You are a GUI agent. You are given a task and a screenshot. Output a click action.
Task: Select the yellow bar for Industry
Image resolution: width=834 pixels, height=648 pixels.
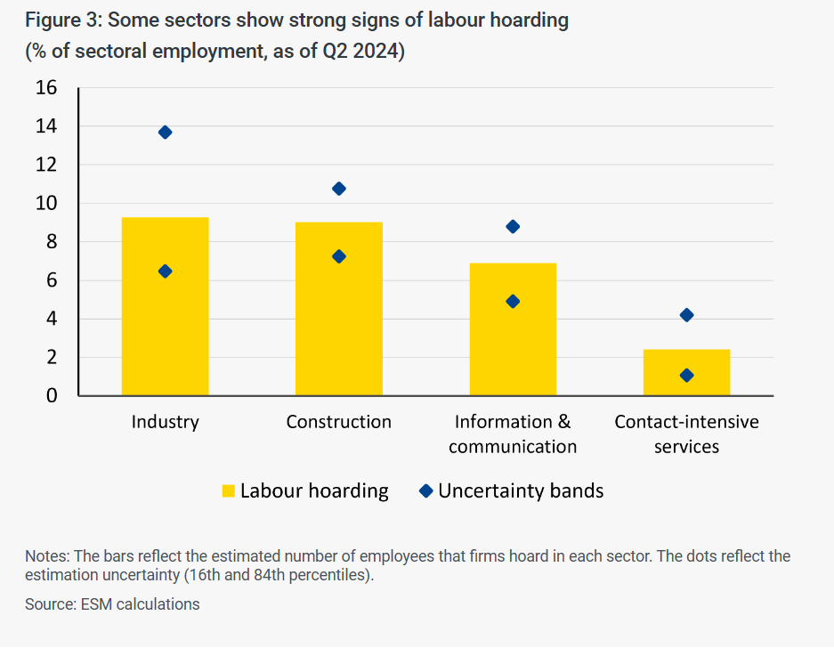(x=165, y=338)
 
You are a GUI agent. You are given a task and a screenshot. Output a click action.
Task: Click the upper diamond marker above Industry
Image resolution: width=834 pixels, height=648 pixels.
(x=165, y=132)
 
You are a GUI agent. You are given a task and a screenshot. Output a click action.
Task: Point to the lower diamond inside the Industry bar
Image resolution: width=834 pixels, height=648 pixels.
(x=165, y=271)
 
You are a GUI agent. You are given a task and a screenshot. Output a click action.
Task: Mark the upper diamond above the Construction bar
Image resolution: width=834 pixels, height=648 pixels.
(x=339, y=189)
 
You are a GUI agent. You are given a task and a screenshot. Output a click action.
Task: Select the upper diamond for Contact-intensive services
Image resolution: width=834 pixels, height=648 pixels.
(x=686, y=315)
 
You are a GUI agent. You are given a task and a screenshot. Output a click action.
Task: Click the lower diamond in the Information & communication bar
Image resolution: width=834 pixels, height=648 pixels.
(x=513, y=301)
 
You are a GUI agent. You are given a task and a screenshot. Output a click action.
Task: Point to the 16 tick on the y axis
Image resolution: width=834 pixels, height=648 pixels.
(x=46, y=88)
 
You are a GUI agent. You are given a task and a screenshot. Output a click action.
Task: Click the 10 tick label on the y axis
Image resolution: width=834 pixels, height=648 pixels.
(x=46, y=204)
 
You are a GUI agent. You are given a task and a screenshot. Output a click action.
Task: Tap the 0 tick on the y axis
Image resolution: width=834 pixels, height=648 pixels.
(x=52, y=396)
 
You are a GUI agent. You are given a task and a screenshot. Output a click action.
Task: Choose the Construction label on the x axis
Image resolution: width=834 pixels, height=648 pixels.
(x=338, y=422)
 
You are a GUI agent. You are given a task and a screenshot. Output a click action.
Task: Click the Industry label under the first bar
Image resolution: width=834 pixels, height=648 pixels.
(x=165, y=422)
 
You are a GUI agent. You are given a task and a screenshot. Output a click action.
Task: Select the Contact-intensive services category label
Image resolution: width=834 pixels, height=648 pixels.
(x=686, y=433)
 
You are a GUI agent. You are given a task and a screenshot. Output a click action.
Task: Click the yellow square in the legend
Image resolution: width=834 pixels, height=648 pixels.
(x=229, y=491)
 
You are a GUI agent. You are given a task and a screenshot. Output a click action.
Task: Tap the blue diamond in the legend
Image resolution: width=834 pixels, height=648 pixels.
(x=425, y=490)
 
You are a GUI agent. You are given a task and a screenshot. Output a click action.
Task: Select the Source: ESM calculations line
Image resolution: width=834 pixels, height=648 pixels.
(x=112, y=604)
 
